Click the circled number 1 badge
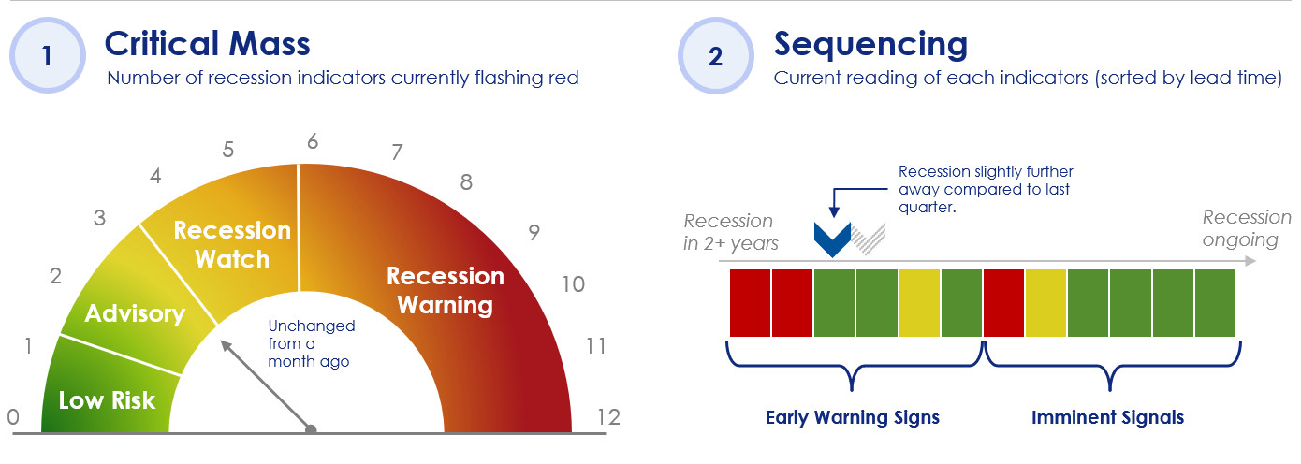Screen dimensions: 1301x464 click(x=48, y=55)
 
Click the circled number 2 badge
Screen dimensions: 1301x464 click(x=715, y=55)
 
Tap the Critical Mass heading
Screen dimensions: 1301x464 click(x=208, y=44)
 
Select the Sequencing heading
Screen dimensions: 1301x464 click(x=870, y=45)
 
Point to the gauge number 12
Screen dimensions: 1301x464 click(x=608, y=417)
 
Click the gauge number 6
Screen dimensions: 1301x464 click(x=313, y=141)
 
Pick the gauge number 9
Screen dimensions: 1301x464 click(x=534, y=232)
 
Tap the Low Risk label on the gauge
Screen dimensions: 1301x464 click(x=108, y=400)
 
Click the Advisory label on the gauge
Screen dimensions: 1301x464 click(x=135, y=313)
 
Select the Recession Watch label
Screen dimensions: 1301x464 click(x=232, y=244)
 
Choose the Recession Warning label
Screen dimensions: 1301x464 click(x=446, y=290)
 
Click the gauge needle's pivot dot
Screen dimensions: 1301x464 click(x=311, y=429)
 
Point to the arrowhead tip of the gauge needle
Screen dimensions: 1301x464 click(x=221, y=341)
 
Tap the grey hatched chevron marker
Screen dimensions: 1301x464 click(x=869, y=239)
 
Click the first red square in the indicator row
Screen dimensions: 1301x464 click(x=750, y=302)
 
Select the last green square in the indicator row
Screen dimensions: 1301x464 click(x=1215, y=302)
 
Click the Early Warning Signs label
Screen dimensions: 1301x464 click(x=852, y=417)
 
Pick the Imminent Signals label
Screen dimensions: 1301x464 click(x=1107, y=417)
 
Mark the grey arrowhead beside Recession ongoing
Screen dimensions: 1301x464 click(x=1250, y=261)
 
